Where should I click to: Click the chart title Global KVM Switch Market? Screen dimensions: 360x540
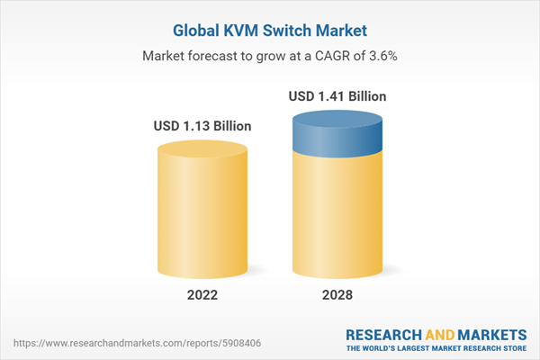point(270,29)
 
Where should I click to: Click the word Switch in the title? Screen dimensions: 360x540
point(282,29)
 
